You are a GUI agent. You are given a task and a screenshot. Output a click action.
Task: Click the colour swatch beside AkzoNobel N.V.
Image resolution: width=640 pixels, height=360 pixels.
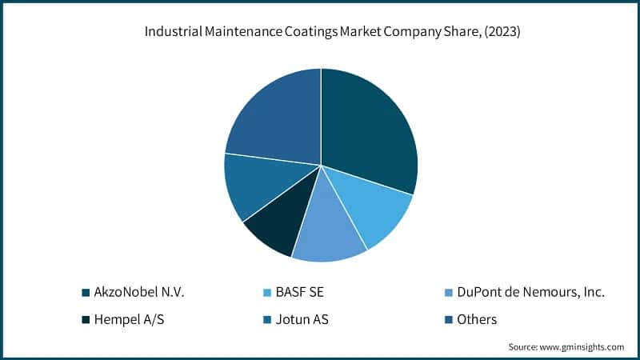(x=86, y=293)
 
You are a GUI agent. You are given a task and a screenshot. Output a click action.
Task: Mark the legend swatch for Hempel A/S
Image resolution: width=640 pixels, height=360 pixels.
(x=86, y=320)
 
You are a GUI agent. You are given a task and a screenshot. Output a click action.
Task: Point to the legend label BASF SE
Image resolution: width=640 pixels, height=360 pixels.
(x=302, y=293)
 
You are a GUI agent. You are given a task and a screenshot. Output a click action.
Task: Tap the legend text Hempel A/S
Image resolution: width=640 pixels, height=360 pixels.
(x=129, y=320)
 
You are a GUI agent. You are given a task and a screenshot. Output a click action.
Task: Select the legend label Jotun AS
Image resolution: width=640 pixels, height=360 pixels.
(x=305, y=320)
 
